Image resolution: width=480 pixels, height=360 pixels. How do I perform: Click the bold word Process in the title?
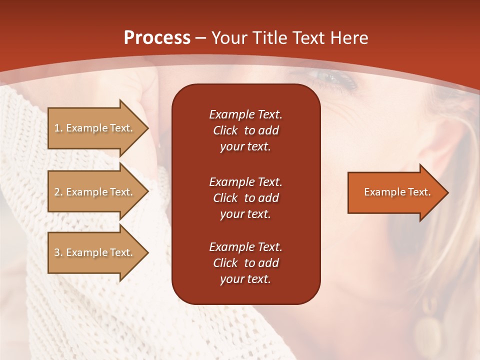point(157,38)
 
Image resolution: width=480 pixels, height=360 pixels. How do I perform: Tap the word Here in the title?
point(349,38)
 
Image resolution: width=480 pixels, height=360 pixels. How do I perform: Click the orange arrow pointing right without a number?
point(398,192)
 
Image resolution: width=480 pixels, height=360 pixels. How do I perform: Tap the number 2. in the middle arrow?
point(58,192)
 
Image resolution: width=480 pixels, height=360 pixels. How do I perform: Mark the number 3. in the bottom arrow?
point(58,252)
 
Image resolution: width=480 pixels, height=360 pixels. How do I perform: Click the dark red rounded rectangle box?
point(246,194)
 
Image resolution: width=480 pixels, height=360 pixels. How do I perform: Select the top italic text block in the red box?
point(246,130)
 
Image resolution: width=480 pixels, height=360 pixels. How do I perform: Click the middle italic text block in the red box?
point(246,198)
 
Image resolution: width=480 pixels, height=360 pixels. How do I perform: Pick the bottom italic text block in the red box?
point(246,263)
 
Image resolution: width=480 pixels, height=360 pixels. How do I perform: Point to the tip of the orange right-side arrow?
point(448,192)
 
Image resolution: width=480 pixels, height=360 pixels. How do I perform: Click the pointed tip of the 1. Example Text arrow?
point(149,128)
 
